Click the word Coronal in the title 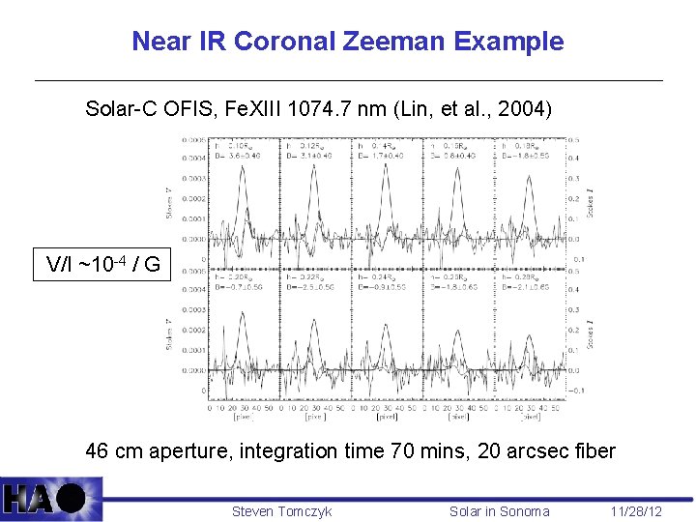click(279, 42)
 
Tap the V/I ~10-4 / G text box click(103, 264)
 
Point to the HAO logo click(50, 499)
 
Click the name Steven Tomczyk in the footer click(281, 511)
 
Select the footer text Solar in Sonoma click(499, 511)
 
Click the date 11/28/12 click(636, 511)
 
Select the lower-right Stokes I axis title click(591, 333)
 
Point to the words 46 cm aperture click(147, 451)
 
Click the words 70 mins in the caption click(430, 451)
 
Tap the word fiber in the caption click(594, 451)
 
